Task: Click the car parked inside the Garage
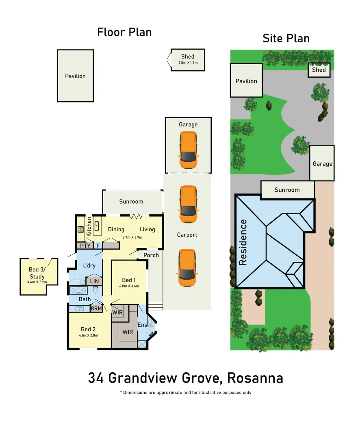click(188, 150)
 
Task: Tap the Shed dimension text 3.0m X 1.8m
click(188, 63)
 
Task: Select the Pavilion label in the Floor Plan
click(75, 76)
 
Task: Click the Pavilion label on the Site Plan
click(246, 81)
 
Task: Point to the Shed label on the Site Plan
click(319, 70)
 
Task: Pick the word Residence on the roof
click(243, 242)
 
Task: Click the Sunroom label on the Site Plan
click(287, 190)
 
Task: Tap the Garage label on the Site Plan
click(322, 164)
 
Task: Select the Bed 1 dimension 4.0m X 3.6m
click(129, 286)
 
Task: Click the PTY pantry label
click(85, 246)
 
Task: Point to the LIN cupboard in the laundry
click(94, 281)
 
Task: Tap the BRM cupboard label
click(96, 309)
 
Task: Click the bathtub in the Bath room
click(78, 291)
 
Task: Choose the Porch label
click(151, 255)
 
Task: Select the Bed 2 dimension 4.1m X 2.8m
click(89, 335)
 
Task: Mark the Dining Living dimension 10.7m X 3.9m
click(132, 237)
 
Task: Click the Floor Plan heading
click(124, 32)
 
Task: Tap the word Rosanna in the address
click(255, 378)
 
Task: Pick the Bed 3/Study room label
click(37, 273)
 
